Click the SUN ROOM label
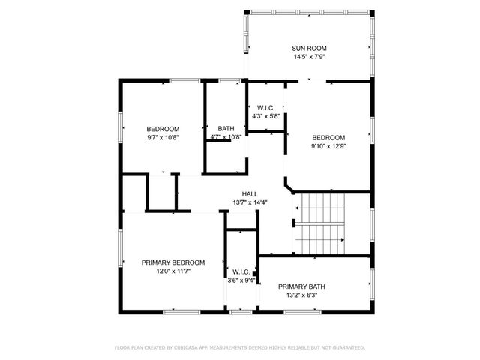click(309, 48)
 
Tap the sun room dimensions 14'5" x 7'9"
click(309, 57)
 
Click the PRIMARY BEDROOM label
click(172, 262)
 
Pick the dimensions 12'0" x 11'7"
click(172, 271)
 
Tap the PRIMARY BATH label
click(301, 286)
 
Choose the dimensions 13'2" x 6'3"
click(301, 295)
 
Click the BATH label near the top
click(225, 128)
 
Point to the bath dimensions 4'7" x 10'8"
click(225, 137)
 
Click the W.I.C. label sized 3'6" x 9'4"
click(241, 271)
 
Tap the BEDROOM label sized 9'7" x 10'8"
click(162, 128)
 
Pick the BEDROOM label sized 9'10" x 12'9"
click(328, 137)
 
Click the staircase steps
click(320, 222)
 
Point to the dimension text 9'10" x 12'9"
click(328, 146)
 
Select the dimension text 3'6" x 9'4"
click(241, 280)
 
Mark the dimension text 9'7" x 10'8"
click(162, 137)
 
